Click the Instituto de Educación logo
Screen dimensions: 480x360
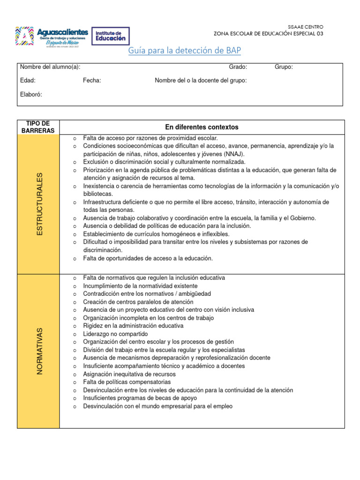point(111,36)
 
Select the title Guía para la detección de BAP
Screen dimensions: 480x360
point(185,51)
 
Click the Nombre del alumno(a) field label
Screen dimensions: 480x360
point(46,67)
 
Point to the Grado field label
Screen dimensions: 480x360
point(238,67)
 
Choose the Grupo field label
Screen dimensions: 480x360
point(284,67)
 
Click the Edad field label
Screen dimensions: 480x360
point(28,81)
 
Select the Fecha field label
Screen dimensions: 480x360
point(92,81)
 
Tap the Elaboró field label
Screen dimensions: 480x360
point(31,94)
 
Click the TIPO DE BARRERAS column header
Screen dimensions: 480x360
point(38,127)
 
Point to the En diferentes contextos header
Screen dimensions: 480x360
point(202,127)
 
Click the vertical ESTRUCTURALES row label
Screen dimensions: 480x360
point(39,204)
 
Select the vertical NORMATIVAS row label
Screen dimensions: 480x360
point(39,351)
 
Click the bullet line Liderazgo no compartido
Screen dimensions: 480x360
point(115,334)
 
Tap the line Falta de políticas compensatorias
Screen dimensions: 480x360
point(127,382)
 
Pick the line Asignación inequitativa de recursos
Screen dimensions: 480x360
point(129,374)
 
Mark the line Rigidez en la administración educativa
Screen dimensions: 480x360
point(133,326)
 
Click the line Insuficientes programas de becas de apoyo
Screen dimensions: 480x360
point(140,398)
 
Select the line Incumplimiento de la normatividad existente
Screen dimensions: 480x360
point(140,286)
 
